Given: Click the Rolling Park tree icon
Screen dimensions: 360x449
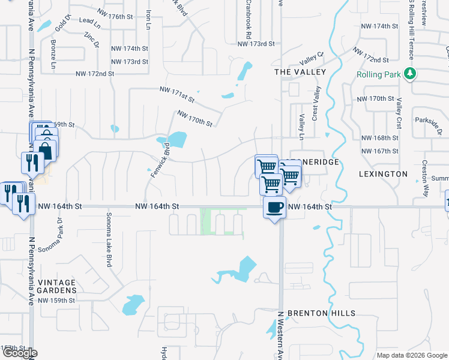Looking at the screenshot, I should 411,74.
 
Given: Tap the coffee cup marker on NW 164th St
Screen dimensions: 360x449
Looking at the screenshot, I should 275,208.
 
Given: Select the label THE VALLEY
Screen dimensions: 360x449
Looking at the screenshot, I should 300,72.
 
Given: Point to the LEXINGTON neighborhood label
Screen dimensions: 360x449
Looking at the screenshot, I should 384,174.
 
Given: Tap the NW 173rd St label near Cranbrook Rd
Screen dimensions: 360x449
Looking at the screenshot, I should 256,44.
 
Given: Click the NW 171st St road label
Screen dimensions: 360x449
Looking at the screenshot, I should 178,94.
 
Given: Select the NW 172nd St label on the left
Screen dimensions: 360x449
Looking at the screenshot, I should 95,74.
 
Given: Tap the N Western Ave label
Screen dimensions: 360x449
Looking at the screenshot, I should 280,336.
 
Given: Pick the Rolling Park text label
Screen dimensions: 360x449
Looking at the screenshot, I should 379,74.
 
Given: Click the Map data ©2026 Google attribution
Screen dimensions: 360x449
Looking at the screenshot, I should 411,355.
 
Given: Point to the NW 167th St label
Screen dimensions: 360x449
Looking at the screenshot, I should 379,150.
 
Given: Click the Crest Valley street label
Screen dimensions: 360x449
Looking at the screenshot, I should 315,104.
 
